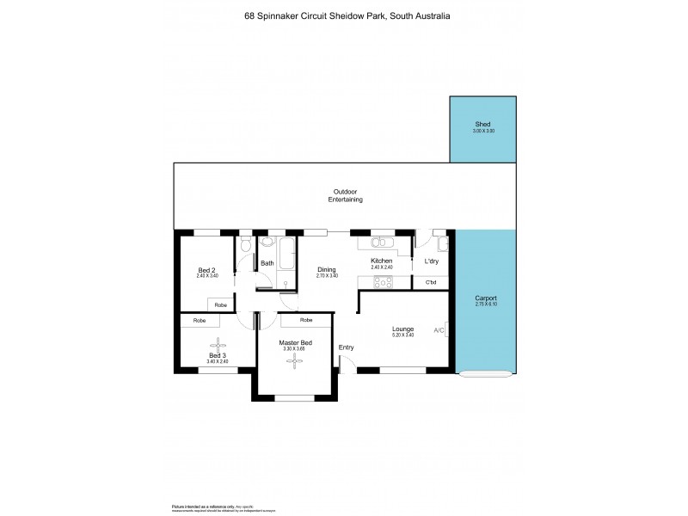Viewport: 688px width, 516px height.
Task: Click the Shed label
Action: point(482,125)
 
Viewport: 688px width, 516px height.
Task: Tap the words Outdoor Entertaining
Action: point(345,195)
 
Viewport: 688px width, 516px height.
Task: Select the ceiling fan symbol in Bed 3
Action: point(217,343)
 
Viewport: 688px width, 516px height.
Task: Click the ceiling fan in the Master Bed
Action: point(294,362)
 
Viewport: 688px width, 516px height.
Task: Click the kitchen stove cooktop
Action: point(383,280)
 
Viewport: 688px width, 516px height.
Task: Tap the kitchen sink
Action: point(382,240)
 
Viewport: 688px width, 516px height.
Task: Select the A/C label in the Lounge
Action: point(439,330)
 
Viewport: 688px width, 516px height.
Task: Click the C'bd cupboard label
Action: point(431,283)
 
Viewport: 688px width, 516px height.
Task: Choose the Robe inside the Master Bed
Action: point(306,320)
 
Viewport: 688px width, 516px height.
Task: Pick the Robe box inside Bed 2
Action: point(221,304)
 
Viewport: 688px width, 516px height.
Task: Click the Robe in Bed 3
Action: point(200,320)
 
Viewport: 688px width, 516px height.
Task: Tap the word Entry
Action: point(346,347)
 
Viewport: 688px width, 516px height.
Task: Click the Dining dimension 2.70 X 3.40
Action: point(327,275)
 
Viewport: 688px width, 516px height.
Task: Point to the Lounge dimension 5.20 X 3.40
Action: point(402,335)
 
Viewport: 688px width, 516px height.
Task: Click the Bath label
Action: point(267,263)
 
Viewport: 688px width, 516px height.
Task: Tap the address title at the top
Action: point(343,16)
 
